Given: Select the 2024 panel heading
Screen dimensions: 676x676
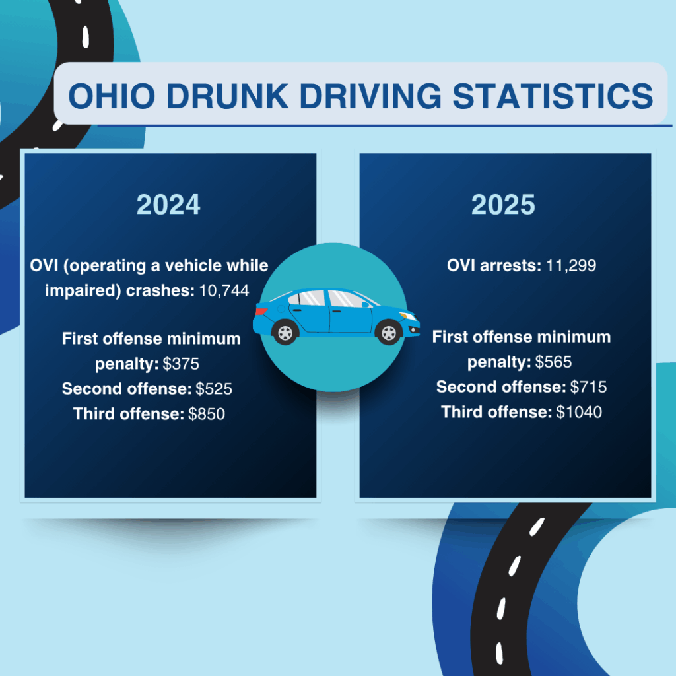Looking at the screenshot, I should click(168, 205).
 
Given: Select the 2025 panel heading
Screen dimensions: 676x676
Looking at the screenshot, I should click(503, 205).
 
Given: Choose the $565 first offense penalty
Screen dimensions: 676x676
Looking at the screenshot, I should click(553, 362).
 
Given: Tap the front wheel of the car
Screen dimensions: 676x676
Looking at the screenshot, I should click(388, 332).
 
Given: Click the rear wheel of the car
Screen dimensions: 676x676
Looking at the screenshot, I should click(285, 332).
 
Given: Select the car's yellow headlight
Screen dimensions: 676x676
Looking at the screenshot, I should click(409, 316).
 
